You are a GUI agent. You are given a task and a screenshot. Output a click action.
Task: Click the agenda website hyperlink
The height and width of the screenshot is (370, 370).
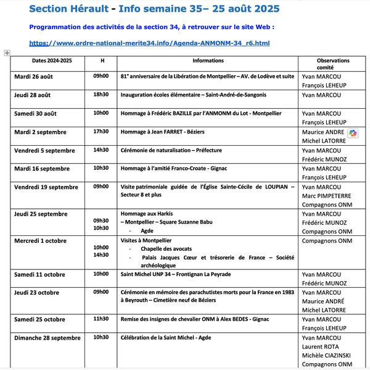[149, 43]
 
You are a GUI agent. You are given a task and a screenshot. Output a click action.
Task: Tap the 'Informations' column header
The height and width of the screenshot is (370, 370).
[208, 61]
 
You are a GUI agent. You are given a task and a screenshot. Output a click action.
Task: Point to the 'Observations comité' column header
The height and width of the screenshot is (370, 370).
[333, 64]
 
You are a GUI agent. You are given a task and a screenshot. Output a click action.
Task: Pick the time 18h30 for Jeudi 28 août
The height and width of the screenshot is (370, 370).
[101, 95]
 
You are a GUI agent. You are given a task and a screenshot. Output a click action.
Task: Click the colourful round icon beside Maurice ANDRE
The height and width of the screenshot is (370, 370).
[353, 133]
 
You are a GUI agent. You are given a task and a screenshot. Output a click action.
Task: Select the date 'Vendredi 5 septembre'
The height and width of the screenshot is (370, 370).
[44, 150]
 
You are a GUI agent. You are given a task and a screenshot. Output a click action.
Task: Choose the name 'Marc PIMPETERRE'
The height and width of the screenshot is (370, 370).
[329, 197]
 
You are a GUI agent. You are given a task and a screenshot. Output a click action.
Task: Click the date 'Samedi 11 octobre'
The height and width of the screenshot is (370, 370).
[39, 274]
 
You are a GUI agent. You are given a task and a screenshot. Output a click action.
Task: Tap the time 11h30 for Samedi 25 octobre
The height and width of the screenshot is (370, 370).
[101, 319]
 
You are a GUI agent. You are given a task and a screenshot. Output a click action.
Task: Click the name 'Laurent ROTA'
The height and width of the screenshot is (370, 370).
[321, 347]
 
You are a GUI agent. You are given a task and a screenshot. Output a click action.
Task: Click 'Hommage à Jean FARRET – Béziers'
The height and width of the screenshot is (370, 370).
[166, 132]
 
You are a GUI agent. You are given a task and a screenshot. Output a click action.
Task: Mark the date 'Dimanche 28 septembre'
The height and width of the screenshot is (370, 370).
[47, 338]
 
